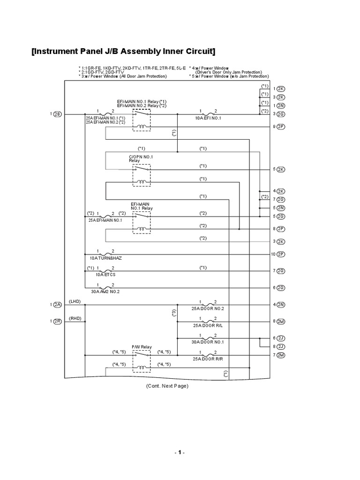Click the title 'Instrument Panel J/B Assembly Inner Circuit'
124,51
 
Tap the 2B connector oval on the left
57,114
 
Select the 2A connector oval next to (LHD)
57,305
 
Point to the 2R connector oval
57,321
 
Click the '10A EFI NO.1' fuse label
208,118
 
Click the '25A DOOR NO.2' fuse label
208,309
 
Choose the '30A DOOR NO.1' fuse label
208,342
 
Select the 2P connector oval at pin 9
281,127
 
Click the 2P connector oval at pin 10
281,254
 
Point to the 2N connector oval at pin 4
281,305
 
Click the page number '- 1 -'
180,453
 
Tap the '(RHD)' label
75,318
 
